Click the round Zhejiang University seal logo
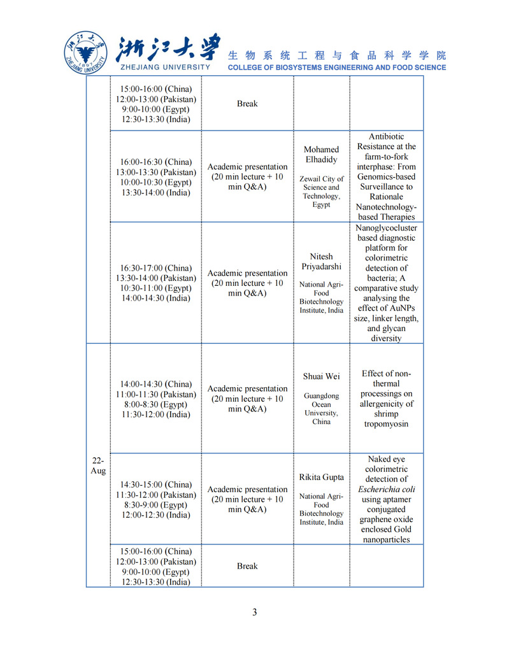[x=87, y=52]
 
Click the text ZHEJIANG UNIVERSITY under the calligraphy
[x=164, y=67]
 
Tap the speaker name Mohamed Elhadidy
[x=322, y=155]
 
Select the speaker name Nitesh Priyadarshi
[x=322, y=262]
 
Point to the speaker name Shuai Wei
[x=322, y=376]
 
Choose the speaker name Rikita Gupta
[x=322, y=477]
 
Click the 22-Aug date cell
[x=98, y=465]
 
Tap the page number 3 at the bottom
[x=255, y=613]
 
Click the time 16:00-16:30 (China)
[x=156, y=162]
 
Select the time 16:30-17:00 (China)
[x=156, y=268]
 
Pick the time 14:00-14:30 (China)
[x=156, y=384]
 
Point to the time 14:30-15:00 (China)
[x=156, y=485]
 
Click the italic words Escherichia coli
[x=386, y=489]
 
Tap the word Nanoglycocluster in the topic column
[x=386, y=227]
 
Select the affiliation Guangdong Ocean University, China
[x=322, y=409]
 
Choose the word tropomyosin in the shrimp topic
[x=386, y=424]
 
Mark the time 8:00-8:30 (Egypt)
[x=156, y=404]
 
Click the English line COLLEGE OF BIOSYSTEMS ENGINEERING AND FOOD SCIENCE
[x=337, y=67]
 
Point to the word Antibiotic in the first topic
[x=386, y=136]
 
